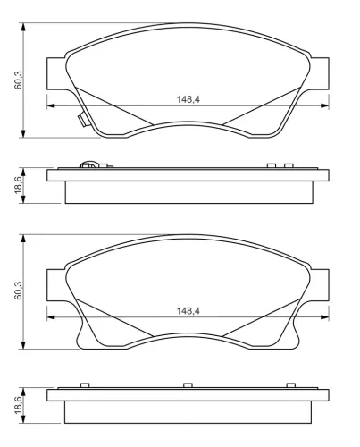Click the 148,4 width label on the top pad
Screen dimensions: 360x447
188,99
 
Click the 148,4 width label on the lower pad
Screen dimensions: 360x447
188,311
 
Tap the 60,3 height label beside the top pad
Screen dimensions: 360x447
18,80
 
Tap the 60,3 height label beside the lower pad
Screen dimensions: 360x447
18,291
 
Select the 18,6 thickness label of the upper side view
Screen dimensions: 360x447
18,185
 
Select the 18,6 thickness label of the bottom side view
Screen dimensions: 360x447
18,405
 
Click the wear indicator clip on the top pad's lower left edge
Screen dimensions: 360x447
82,120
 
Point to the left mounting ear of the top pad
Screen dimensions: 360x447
56,73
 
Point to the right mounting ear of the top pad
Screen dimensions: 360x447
320,73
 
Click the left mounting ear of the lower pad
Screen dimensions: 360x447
56,285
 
